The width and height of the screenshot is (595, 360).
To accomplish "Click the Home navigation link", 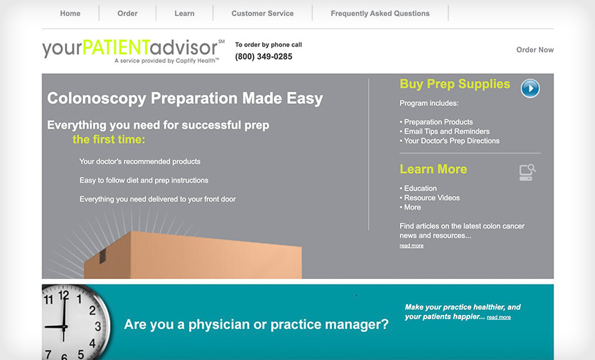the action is tap(70, 13).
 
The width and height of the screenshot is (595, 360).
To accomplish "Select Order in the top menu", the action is tap(127, 13).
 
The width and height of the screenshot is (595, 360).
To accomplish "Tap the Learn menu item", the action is tap(185, 13).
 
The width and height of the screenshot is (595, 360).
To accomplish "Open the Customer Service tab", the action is tap(263, 13).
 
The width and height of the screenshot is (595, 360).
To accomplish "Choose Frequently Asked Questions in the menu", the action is tap(381, 13).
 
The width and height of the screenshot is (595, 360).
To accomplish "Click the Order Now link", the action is tap(535, 50).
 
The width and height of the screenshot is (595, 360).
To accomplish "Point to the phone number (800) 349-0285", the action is tap(264, 57).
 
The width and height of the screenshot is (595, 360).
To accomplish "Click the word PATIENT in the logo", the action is tap(116, 48).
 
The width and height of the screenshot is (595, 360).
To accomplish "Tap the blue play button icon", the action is tap(530, 89).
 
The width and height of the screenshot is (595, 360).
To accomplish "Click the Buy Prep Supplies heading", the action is tap(455, 84).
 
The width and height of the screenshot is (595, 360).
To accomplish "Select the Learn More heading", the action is tap(433, 169).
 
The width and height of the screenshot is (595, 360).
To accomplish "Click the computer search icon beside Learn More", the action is tap(527, 172).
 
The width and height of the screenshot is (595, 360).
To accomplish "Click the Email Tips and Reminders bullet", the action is tap(445, 132).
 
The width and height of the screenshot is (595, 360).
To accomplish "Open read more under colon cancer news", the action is tap(412, 246).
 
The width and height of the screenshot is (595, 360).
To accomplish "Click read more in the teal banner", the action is tap(499, 317).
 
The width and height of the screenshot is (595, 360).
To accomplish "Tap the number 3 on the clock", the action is tap(98, 326).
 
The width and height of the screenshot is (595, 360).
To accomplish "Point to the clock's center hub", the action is tap(64, 327).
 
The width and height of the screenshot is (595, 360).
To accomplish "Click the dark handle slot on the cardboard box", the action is tap(102, 256).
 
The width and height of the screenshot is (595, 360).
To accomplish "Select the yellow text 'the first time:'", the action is tap(109, 139).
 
